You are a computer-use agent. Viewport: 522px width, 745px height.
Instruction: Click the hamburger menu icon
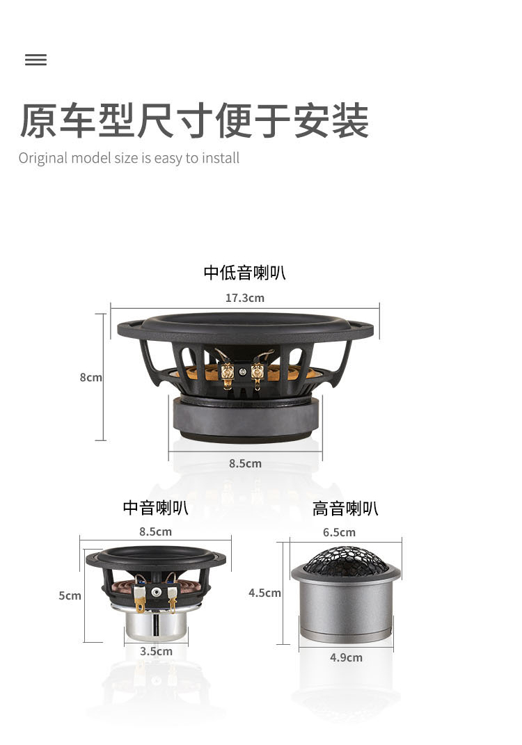[35, 60]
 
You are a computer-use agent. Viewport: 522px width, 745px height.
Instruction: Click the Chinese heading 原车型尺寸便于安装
[194, 120]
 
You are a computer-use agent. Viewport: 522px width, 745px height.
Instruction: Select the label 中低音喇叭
[244, 273]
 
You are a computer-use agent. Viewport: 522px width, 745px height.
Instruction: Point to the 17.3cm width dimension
[245, 298]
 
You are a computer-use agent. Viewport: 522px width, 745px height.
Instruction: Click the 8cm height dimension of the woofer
[90, 377]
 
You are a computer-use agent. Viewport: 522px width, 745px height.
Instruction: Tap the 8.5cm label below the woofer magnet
[245, 463]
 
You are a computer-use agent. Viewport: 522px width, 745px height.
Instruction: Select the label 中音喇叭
[155, 508]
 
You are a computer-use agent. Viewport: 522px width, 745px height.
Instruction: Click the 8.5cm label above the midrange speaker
[155, 531]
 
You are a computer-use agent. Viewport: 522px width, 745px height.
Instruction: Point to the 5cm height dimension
[70, 596]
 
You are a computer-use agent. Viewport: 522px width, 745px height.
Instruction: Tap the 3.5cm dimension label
[156, 651]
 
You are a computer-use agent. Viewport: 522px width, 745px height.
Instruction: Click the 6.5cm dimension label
[340, 533]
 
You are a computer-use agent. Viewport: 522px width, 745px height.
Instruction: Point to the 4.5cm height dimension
[264, 593]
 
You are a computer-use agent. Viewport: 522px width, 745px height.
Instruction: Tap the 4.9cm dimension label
[346, 657]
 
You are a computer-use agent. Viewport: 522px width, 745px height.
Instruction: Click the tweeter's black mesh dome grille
[346, 560]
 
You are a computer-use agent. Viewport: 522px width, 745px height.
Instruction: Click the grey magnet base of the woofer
[245, 419]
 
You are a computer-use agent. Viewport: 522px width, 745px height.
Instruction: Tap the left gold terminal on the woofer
[228, 374]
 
